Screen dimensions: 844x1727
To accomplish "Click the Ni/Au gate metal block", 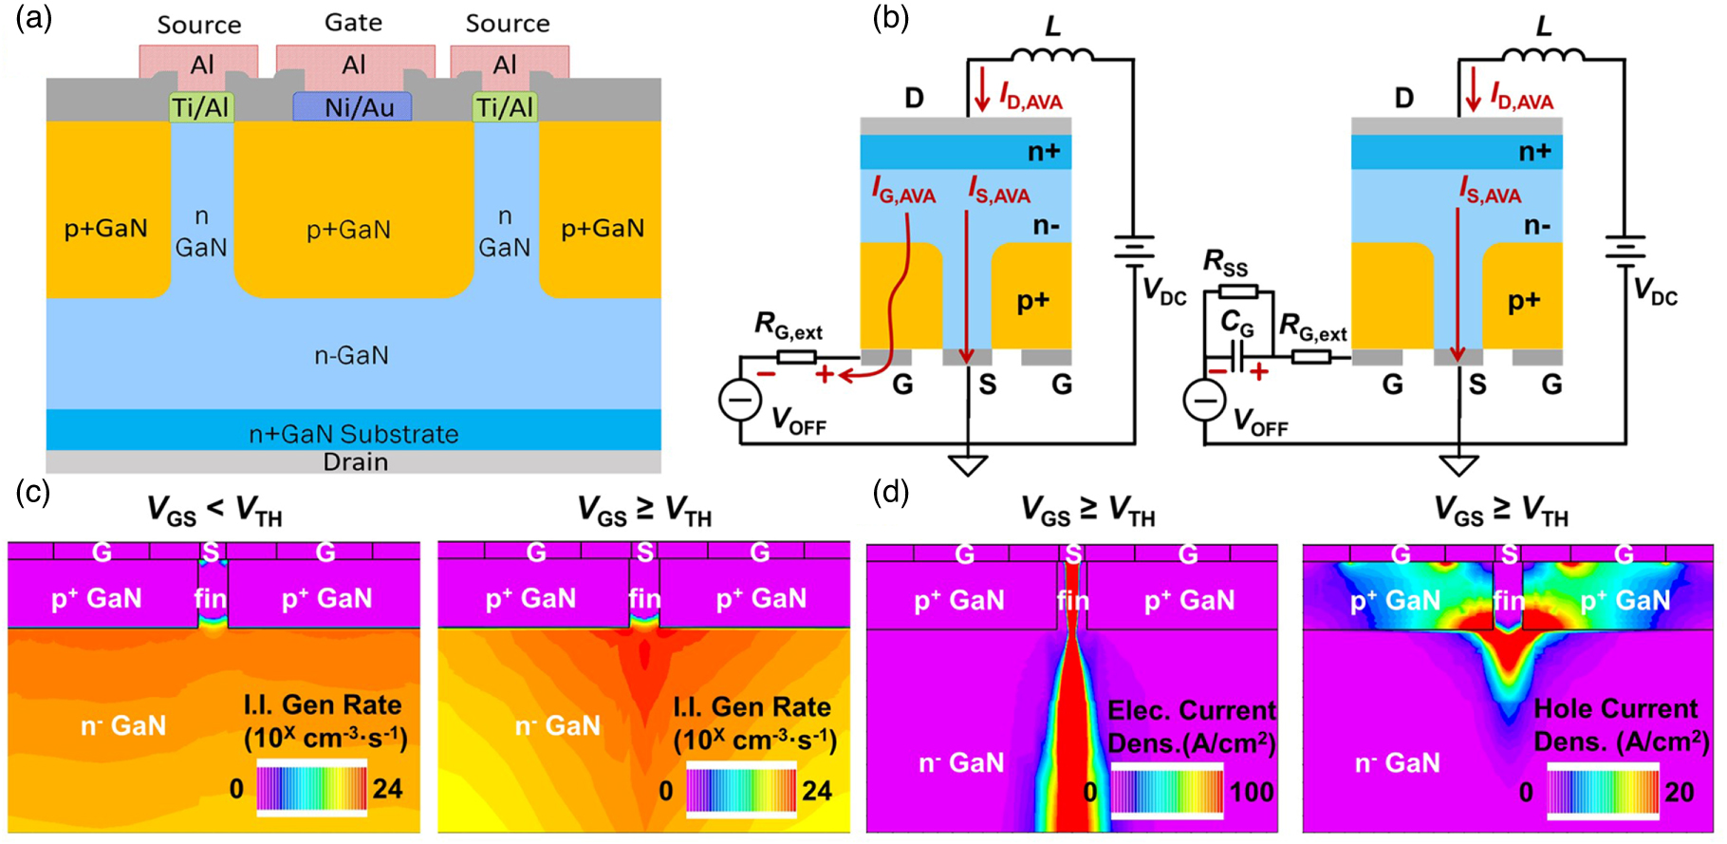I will point(353,107).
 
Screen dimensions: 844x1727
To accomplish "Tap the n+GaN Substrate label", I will point(353,434).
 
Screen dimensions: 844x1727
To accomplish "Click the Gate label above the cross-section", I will point(353,22).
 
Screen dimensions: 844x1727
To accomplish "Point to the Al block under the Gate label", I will point(354,65).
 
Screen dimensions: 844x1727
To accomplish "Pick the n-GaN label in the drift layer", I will point(351,355).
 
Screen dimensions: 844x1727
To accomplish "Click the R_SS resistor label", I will point(1225,263).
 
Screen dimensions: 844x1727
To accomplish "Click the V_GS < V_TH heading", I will point(214,511).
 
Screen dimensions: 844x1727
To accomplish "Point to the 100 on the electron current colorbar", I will point(1252,792).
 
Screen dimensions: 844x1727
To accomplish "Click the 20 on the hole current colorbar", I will point(1679,792).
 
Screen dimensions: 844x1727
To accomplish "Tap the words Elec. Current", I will point(1192,711).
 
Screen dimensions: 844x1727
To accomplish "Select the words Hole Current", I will point(1615,709).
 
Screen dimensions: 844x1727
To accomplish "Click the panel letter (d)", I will point(889,492).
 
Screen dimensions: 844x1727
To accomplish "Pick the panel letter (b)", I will point(890,19).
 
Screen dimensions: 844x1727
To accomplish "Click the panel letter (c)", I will point(33,492).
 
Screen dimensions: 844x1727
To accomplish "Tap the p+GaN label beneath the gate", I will point(348,230).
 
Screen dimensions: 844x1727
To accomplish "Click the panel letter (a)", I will point(33,19).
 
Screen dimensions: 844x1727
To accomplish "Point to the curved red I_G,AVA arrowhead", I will point(845,376).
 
